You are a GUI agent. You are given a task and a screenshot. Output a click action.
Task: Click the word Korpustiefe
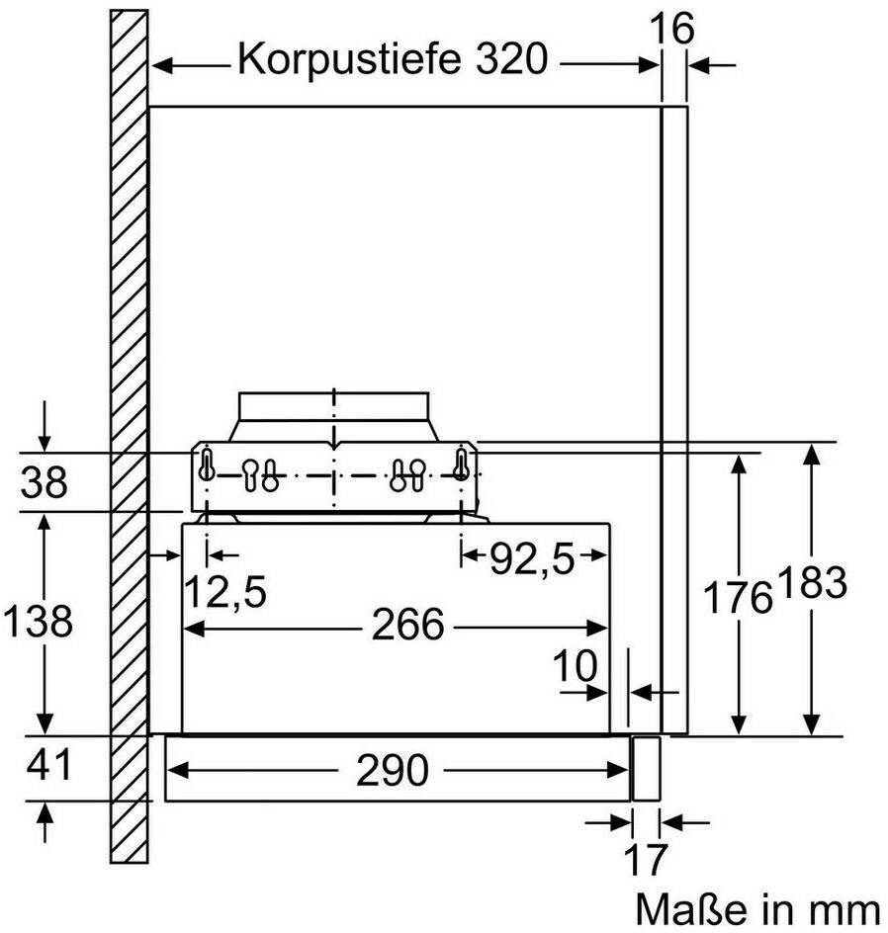[349, 59]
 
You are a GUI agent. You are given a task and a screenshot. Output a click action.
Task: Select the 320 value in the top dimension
[511, 58]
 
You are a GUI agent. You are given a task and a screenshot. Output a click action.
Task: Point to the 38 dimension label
[44, 481]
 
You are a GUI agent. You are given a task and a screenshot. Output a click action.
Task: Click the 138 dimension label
[38, 620]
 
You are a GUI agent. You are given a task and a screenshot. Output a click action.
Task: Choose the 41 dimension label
[48, 764]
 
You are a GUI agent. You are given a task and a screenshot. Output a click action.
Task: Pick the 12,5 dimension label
[225, 591]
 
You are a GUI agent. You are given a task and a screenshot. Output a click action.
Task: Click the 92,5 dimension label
[531, 559]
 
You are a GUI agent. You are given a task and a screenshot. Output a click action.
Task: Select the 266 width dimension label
[407, 625]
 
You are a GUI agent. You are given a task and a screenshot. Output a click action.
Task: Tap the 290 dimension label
[393, 770]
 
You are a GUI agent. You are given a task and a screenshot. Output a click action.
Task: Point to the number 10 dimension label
[575, 664]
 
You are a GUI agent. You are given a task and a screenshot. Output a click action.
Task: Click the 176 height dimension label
[738, 597]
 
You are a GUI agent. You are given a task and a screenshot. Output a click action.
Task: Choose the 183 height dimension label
[812, 582]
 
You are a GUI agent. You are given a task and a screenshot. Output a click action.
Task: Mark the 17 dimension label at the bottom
[645, 859]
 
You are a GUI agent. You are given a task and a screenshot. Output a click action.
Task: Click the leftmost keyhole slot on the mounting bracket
[206, 465]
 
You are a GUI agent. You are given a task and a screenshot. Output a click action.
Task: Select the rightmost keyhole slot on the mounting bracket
[461, 465]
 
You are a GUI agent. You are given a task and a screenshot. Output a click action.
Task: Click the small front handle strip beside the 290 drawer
[646, 768]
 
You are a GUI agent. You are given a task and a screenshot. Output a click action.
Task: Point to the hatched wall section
[130, 436]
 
